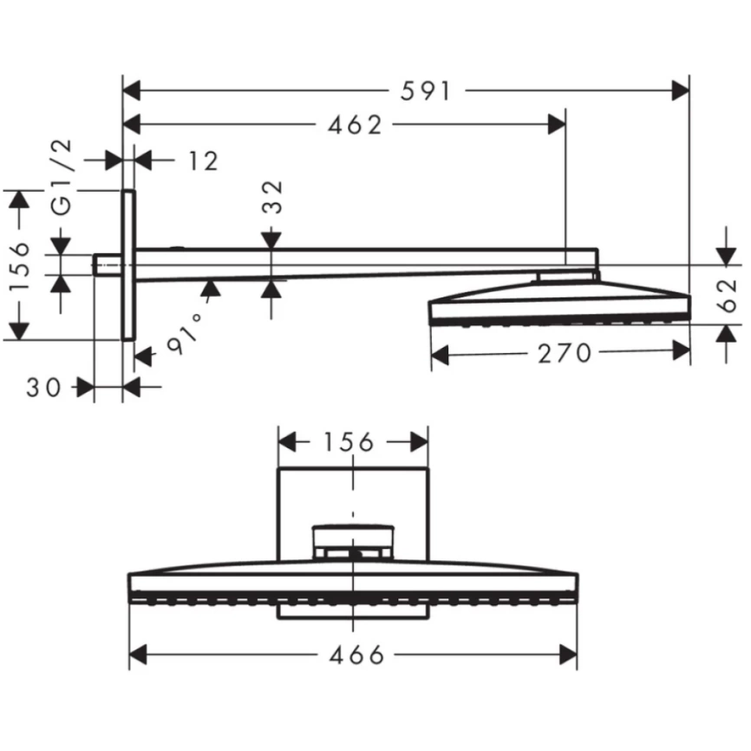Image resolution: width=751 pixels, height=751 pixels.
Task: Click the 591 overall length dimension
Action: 426,89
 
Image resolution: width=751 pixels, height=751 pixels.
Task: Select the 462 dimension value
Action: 356,125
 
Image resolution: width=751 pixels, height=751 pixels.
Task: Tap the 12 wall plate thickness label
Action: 202,160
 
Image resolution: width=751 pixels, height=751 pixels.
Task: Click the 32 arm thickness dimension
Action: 272,199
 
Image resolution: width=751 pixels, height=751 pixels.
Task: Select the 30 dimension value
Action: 44,388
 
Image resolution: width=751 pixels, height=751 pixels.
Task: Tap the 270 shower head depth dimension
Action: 564,354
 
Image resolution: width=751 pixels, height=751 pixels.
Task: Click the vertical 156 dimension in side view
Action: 22,266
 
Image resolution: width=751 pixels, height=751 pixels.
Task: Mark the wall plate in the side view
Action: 128,264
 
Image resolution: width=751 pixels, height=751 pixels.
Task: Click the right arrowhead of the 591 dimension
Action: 681,89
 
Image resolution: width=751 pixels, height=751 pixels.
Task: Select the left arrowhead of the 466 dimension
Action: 138,655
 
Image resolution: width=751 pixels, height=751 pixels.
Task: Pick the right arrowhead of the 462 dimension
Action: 556,125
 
